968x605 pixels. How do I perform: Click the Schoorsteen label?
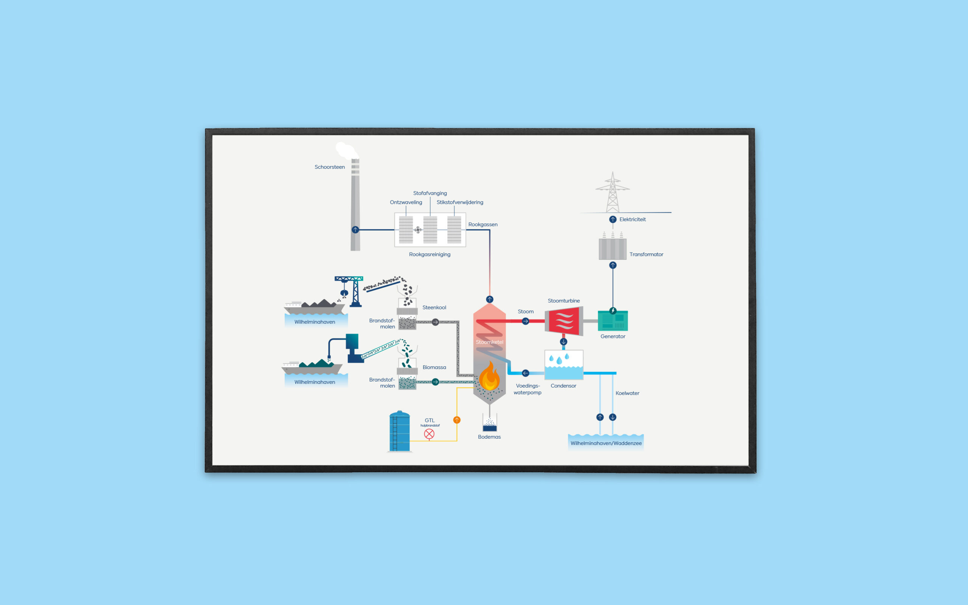pyautogui.click(x=329, y=167)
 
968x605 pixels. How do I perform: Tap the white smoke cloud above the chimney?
pyautogui.click(x=346, y=151)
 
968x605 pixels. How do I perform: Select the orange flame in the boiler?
pyautogui.click(x=489, y=377)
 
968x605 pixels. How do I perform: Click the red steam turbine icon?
pyautogui.click(x=564, y=321)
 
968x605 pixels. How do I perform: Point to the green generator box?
pyautogui.click(x=613, y=321)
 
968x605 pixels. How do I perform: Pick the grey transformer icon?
pyautogui.click(x=612, y=248)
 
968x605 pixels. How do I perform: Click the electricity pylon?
pyautogui.click(x=613, y=193)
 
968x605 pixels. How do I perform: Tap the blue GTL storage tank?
pyautogui.click(x=399, y=431)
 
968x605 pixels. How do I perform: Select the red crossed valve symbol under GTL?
pyautogui.click(x=429, y=434)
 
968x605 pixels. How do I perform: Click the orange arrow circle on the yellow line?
pyautogui.click(x=456, y=420)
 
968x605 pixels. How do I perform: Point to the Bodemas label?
pyautogui.click(x=489, y=436)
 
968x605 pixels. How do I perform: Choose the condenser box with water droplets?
pyautogui.click(x=564, y=365)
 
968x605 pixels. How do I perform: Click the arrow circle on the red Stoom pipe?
pyautogui.click(x=525, y=321)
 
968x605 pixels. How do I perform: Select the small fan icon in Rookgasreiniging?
pyautogui.click(x=417, y=230)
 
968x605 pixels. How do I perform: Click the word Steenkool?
pyautogui.click(x=434, y=307)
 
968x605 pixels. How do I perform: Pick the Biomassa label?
pyautogui.click(x=434, y=367)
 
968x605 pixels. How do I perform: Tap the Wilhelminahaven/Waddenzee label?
pyautogui.click(x=606, y=443)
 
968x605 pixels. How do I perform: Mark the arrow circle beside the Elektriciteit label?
pyautogui.click(x=613, y=219)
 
